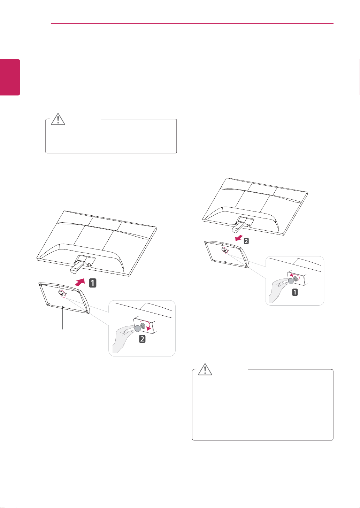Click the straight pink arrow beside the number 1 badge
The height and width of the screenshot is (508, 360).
click(x=80, y=282)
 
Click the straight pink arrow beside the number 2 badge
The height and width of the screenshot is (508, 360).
click(x=239, y=238)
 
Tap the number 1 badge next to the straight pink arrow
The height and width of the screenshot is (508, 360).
click(x=93, y=283)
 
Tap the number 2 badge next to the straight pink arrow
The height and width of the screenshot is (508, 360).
click(x=246, y=241)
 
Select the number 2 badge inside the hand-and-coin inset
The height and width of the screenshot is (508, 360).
click(x=142, y=339)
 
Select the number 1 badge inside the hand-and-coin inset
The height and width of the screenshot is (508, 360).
click(x=295, y=292)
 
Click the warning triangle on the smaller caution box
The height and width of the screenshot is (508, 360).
click(x=58, y=119)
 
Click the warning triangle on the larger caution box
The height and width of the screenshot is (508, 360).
click(x=205, y=369)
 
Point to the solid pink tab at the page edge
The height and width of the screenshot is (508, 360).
click(x=10, y=77)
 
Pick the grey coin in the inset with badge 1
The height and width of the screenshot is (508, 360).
click(x=291, y=281)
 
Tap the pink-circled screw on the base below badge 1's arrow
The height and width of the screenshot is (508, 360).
click(x=62, y=294)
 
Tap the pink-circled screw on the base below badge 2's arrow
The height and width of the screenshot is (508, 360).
click(x=224, y=251)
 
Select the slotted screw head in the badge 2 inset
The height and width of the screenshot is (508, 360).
click(x=143, y=325)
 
